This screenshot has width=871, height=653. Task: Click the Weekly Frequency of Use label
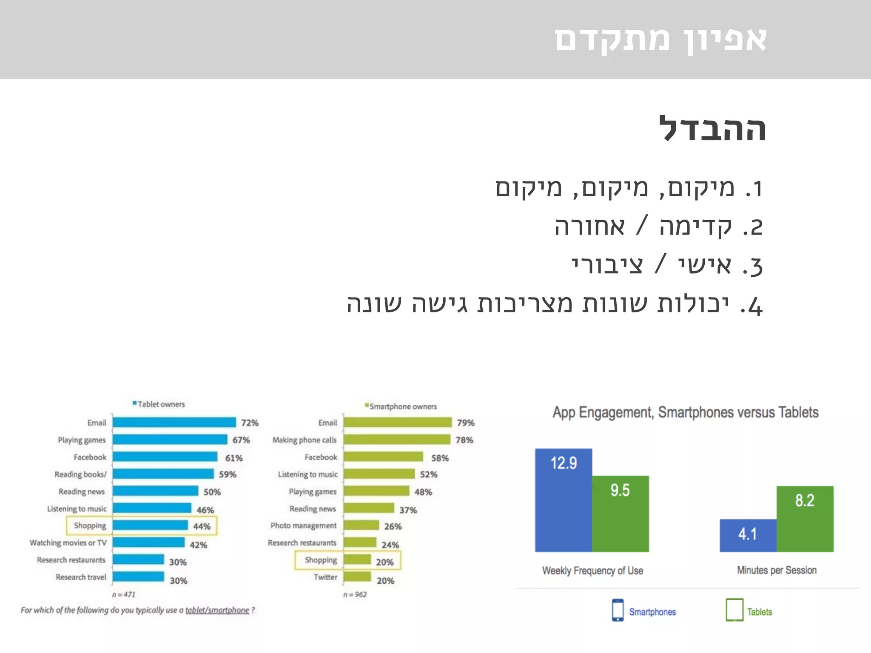pyautogui.click(x=592, y=571)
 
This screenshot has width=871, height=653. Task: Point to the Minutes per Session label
pyautogui.click(x=777, y=570)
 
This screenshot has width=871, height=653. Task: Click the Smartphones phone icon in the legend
pyautogui.click(x=618, y=610)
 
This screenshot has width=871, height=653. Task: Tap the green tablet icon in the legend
pyautogui.click(x=734, y=610)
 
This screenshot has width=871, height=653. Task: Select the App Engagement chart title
pyautogui.click(x=685, y=412)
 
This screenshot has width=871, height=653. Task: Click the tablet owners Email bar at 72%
pyautogui.click(x=174, y=422)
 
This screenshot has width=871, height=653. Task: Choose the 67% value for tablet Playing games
pyautogui.click(x=241, y=440)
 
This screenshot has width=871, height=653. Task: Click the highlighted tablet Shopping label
pyautogui.click(x=90, y=525)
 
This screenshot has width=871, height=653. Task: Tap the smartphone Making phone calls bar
pyautogui.click(x=397, y=440)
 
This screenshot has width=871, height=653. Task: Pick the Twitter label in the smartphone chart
pyautogui.click(x=325, y=577)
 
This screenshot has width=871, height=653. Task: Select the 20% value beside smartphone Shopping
pyautogui.click(x=385, y=562)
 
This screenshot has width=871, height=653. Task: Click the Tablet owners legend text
pyautogui.click(x=161, y=404)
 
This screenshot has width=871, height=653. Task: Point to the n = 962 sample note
pyautogui.click(x=355, y=594)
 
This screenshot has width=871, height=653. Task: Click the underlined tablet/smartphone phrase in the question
pyautogui.click(x=217, y=610)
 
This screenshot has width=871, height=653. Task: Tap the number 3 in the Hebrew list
pyautogui.click(x=756, y=267)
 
